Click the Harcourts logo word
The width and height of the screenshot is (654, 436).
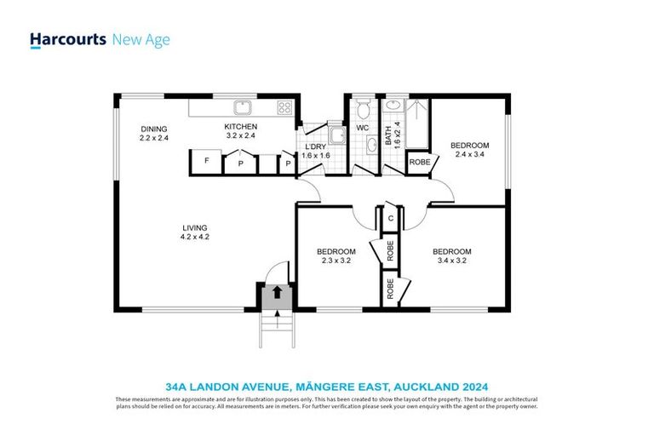[x=67, y=39]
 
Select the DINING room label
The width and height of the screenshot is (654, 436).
[x=154, y=129]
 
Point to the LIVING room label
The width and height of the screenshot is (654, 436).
[x=195, y=227]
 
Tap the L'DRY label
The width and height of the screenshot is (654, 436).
[x=314, y=147]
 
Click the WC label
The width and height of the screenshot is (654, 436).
[x=361, y=129]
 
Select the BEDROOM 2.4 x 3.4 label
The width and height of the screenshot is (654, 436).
[x=471, y=146]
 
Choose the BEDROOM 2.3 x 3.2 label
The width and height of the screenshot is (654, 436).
[x=336, y=251]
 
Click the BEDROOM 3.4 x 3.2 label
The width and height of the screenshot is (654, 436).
[x=451, y=251]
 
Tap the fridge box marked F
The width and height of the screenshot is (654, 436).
[x=206, y=161]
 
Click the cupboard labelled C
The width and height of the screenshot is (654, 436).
[x=390, y=217]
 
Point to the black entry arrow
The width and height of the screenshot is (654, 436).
[x=276, y=292]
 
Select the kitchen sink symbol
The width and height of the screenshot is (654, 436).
[x=244, y=106]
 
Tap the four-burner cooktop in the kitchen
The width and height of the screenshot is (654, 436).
[x=284, y=107]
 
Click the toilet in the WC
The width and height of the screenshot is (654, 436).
[x=363, y=108]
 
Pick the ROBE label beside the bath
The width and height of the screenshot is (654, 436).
[x=418, y=162]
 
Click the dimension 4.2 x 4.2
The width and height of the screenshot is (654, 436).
[x=195, y=237]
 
